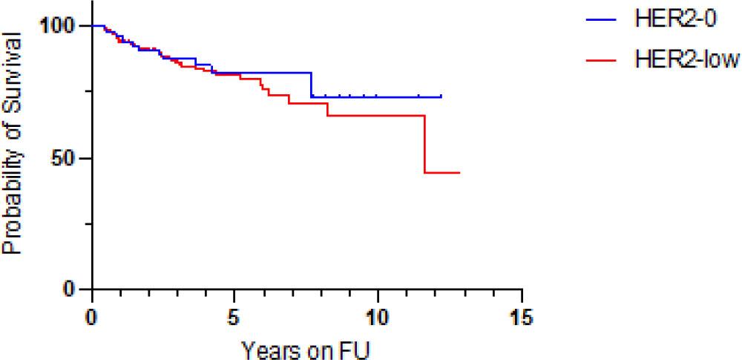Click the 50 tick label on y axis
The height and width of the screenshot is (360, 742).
[65, 158]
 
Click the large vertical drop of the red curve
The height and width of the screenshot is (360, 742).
[425, 144]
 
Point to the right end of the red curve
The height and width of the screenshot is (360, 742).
[460, 172]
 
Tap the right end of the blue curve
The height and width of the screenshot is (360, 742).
[441, 96]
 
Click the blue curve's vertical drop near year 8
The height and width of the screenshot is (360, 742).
[312, 85]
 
